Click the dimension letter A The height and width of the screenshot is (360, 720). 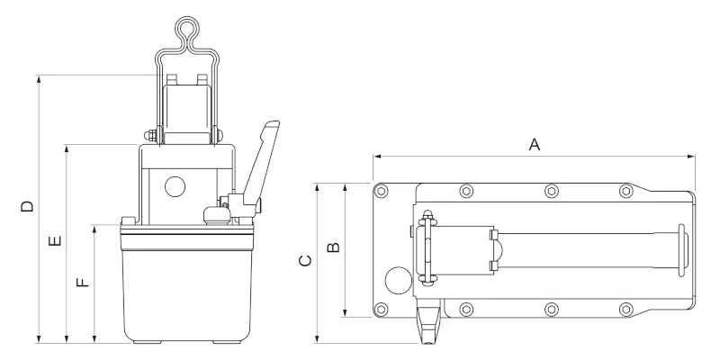click(534, 144)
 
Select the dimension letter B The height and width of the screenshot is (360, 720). click(333, 246)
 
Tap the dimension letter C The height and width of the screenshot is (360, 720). click(305, 261)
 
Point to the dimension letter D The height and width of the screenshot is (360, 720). click(27, 206)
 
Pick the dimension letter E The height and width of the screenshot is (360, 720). click(55, 242)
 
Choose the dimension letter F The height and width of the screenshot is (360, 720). click(83, 282)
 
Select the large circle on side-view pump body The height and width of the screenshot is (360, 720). click(174, 187)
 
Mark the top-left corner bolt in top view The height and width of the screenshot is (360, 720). click(383, 191)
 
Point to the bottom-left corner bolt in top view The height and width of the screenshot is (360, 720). click(383, 310)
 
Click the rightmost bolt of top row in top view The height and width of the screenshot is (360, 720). click(625, 191)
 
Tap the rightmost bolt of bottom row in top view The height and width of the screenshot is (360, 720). click(625, 310)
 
